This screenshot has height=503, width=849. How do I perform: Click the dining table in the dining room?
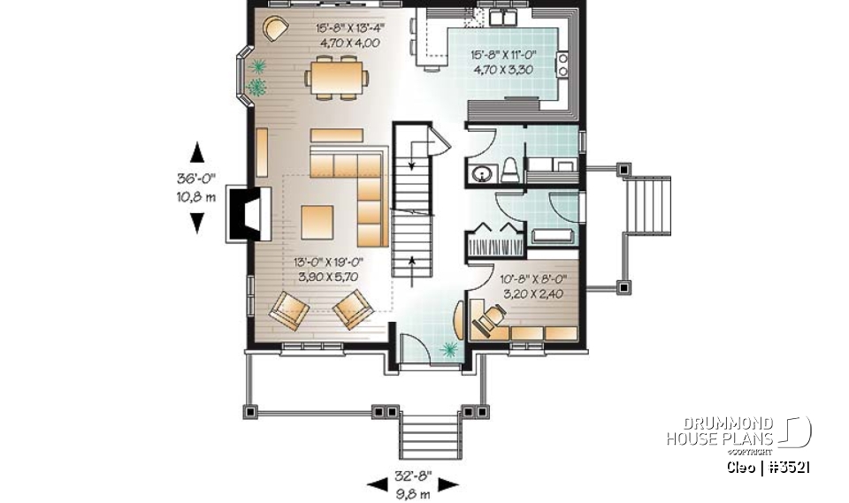[336, 76]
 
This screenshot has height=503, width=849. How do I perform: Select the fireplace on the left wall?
[245, 213]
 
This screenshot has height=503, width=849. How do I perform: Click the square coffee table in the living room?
[317, 222]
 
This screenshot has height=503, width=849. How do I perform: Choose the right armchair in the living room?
[354, 310]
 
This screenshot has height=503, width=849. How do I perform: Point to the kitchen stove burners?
[562, 65]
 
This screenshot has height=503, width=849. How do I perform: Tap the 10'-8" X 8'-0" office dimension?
[533, 284]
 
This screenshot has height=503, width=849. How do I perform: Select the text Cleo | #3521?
[768, 466]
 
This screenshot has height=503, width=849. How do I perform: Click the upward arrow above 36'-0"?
[197, 152]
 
